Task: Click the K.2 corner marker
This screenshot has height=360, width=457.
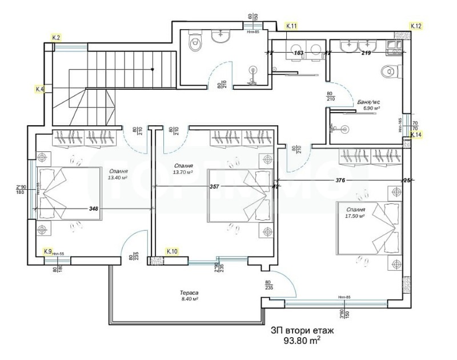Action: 56,37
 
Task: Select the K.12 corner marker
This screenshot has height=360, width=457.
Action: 416,26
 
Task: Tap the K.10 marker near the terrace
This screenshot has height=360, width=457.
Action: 172,251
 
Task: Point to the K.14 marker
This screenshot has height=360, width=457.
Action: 416,135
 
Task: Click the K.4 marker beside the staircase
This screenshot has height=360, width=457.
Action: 40,89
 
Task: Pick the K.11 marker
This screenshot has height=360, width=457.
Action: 291,26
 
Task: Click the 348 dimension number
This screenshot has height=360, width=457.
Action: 94,209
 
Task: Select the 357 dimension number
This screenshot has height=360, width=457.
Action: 214,187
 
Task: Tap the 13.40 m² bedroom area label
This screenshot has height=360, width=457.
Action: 117,177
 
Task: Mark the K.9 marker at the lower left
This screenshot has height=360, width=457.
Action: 49,251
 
